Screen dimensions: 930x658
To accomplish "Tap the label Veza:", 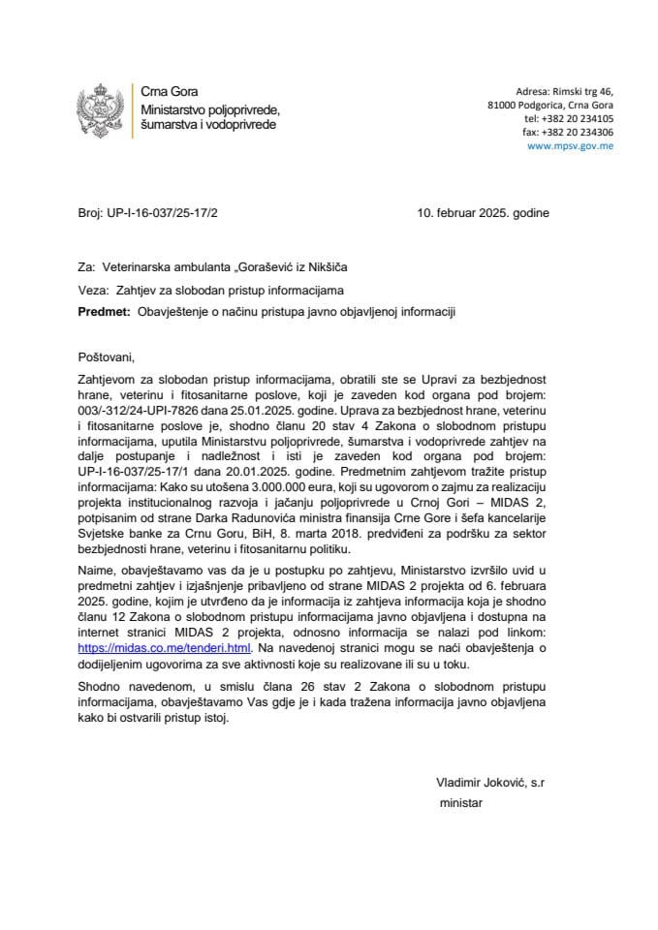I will click(91, 289).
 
